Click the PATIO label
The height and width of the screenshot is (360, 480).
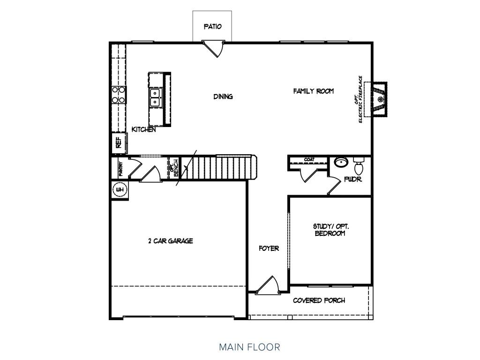[212, 27]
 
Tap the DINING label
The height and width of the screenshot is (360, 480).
[223, 97]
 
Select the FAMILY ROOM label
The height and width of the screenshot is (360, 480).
[314, 91]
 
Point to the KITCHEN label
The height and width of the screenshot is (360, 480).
[143, 129]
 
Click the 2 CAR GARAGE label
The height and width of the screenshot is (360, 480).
[171, 241]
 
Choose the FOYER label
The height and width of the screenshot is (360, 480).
[269, 248]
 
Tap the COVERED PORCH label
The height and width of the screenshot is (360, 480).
[319, 300]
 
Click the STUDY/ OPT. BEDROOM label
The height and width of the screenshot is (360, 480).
[330, 230]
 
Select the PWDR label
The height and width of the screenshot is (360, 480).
[353, 179]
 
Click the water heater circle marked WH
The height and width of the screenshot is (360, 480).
[120, 190]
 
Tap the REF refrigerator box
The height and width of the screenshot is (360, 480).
[119, 142]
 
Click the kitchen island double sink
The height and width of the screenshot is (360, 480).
[155, 97]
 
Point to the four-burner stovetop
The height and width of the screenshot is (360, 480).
[119, 95]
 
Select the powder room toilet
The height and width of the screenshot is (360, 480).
[359, 166]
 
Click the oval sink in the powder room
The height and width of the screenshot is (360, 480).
[341, 162]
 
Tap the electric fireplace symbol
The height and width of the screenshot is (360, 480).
[379, 99]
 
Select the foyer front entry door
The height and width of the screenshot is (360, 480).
[268, 285]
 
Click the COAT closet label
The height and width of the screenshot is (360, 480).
[309, 159]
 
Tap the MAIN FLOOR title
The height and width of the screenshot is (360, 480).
[249, 347]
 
